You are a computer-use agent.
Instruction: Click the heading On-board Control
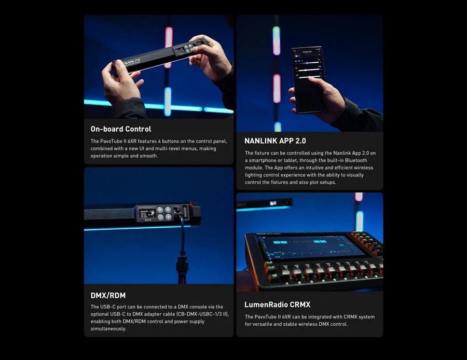click(x=121, y=129)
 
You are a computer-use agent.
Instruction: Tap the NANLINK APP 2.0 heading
click(x=275, y=141)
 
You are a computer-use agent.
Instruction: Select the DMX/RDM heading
click(x=108, y=296)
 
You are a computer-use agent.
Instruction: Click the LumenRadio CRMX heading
click(x=277, y=304)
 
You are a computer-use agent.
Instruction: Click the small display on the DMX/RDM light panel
click(x=146, y=214)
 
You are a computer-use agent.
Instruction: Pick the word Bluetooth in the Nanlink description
click(x=356, y=161)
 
